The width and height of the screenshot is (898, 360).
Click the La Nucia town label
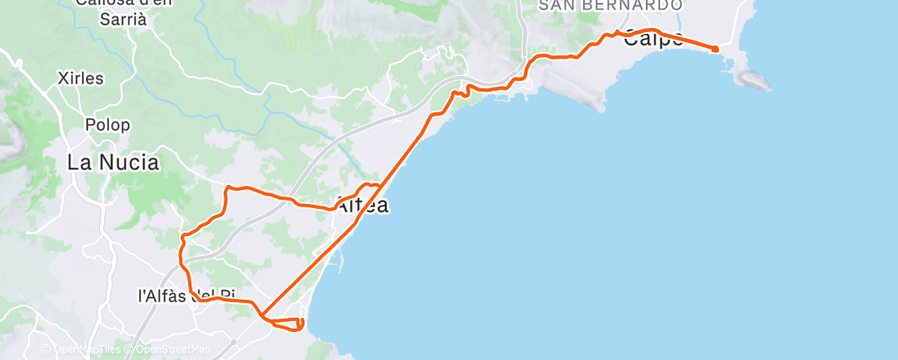pyautogui.click(x=112, y=163)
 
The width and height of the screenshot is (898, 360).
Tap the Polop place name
pyautogui.click(x=107, y=126)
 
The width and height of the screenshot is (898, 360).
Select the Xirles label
pyautogui.click(x=81, y=78)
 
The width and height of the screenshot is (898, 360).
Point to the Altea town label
pyautogui.click(x=362, y=206)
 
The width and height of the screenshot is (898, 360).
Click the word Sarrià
pyautogui.click(x=121, y=18)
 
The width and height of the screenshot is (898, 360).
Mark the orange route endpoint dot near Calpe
pyautogui.click(x=715, y=50)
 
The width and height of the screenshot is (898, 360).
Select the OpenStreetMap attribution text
pyautogui.click(x=173, y=350)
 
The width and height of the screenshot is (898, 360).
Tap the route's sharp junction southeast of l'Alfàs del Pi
pyautogui.click(x=261, y=315)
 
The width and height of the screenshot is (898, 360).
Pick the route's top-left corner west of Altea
pyautogui.click(x=228, y=189)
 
